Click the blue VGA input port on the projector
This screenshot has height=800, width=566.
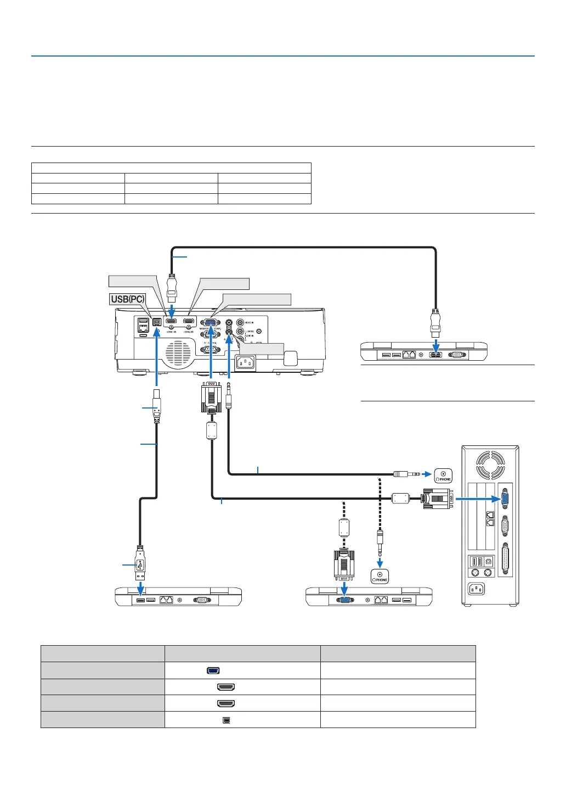click(x=210, y=323)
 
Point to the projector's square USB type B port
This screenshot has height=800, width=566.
click(x=157, y=323)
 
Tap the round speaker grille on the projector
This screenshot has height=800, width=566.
click(x=178, y=352)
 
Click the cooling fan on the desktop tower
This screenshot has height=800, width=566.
click(x=490, y=465)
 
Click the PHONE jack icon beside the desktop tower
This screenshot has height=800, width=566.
click(x=444, y=475)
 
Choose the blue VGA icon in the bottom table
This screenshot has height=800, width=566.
click(x=214, y=670)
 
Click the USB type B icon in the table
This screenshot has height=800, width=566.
click(x=226, y=720)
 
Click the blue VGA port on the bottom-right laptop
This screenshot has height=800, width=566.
click(x=344, y=601)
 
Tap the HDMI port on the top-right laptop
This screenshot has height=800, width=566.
click(x=436, y=354)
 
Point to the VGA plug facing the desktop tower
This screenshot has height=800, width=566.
click(x=438, y=499)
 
